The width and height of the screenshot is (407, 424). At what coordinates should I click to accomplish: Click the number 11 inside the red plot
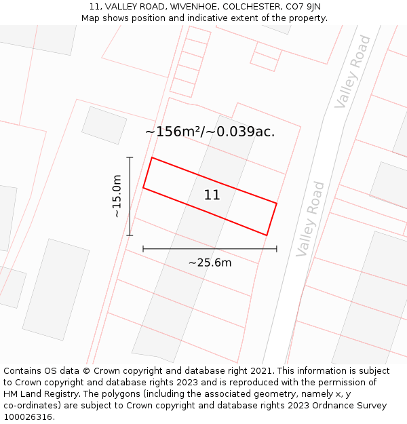[x=212, y=195]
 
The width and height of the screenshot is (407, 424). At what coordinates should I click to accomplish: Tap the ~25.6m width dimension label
[x=210, y=263]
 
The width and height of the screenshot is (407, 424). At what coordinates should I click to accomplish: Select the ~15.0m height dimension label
[x=117, y=196]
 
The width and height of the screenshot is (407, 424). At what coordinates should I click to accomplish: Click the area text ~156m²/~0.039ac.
[x=210, y=132]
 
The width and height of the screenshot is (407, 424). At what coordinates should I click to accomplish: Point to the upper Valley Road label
[x=353, y=71]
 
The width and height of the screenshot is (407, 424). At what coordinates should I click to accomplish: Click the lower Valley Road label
[x=311, y=218]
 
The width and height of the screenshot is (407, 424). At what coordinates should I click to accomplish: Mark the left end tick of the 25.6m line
[x=143, y=249]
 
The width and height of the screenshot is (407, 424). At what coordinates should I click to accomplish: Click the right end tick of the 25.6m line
[x=277, y=249]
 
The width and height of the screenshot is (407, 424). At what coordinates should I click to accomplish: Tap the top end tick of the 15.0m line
[x=130, y=157]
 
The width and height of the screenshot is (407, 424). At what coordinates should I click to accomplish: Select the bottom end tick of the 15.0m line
[x=130, y=235]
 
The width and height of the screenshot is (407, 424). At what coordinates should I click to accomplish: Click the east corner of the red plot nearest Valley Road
[x=277, y=202]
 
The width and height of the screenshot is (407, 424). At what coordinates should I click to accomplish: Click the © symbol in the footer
[x=86, y=371]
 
